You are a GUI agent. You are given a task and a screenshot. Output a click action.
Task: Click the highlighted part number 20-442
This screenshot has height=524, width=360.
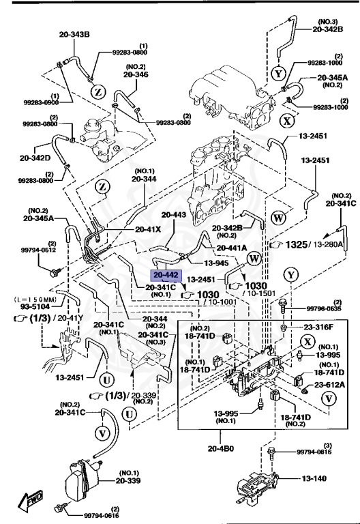[x=166, y=276]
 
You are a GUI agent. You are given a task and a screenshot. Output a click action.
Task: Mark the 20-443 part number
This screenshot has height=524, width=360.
[x=173, y=214]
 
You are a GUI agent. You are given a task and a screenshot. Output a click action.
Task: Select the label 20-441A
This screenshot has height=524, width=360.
[x=232, y=248]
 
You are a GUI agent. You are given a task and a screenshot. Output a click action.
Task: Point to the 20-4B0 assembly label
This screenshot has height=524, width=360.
[x=222, y=448]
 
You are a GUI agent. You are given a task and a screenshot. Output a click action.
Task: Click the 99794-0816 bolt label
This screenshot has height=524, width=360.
[x=315, y=452]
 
